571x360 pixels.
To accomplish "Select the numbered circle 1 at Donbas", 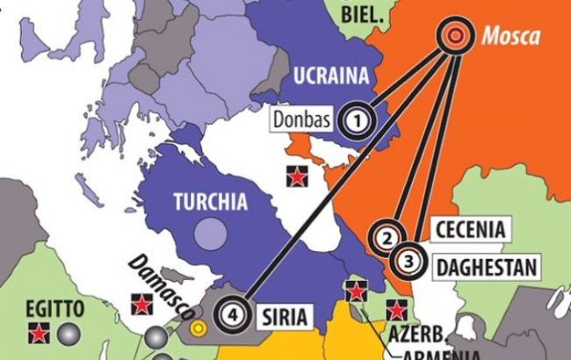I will point(355,120).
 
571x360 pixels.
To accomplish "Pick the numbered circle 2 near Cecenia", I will point(386,236).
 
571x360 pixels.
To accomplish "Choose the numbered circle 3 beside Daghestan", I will point(408,260).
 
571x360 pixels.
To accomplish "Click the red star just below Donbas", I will point(300,176).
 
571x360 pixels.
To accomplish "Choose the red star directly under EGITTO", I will point(37,333).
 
